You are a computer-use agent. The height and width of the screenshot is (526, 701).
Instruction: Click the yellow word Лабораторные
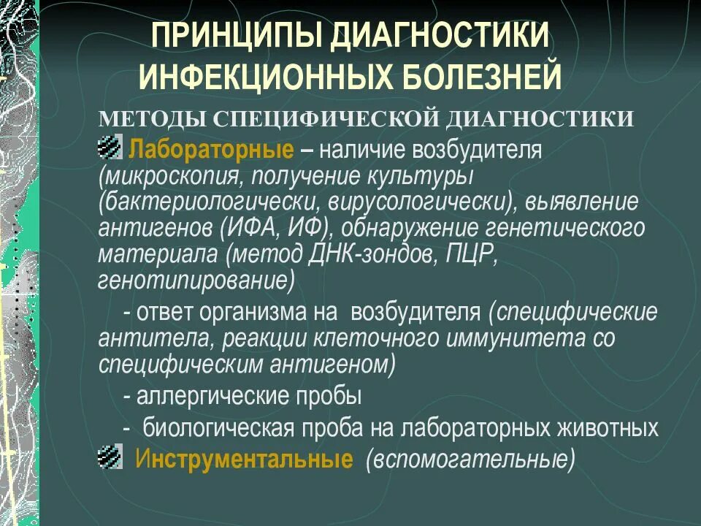(x=212, y=149)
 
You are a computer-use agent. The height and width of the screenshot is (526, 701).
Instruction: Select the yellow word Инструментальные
(x=244, y=459)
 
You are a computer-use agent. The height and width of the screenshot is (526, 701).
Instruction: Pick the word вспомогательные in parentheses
(x=470, y=460)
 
